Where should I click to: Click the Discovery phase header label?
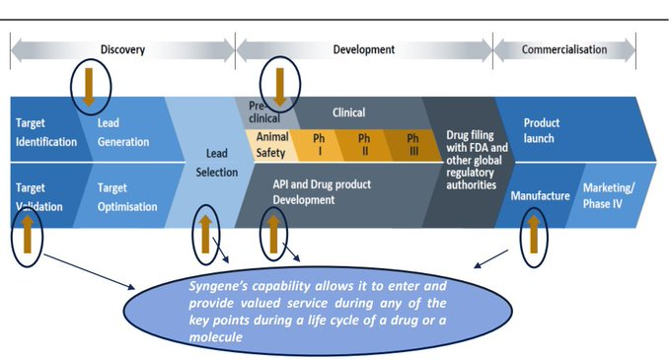click(x=122, y=49)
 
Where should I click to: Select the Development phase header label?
click(x=363, y=49)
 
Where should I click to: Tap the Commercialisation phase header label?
click(x=564, y=49)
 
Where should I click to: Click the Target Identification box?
click(x=46, y=132)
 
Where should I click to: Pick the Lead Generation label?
click(x=123, y=132)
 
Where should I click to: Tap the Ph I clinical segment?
click(x=318, y=145)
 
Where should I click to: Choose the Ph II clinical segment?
click(x=363, y=145)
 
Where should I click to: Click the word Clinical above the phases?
click(x=347, y=112)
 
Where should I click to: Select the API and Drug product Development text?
click(x=331, y=191)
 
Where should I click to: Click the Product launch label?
click(x=542, y=130)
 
